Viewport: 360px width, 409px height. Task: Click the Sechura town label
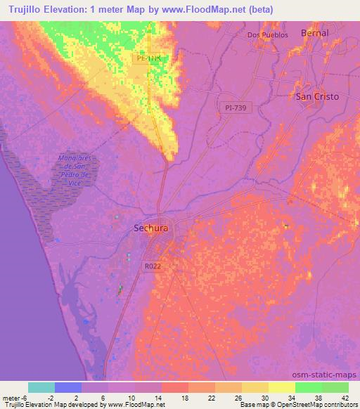click(150, 228)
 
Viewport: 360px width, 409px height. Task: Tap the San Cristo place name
click(316, 96)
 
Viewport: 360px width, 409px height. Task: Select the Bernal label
click(314, 32)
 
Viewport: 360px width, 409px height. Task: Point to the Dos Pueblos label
click(268, 34)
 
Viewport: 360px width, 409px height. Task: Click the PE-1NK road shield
click(153, 60)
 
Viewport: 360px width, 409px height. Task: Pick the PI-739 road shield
click(236, 105)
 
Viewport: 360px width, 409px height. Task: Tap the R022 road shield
click(153, 266)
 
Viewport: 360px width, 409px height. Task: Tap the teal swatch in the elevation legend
click(41, 387)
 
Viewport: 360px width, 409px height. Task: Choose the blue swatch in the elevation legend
click(68, 387)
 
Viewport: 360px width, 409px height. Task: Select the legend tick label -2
click(56, 398)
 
